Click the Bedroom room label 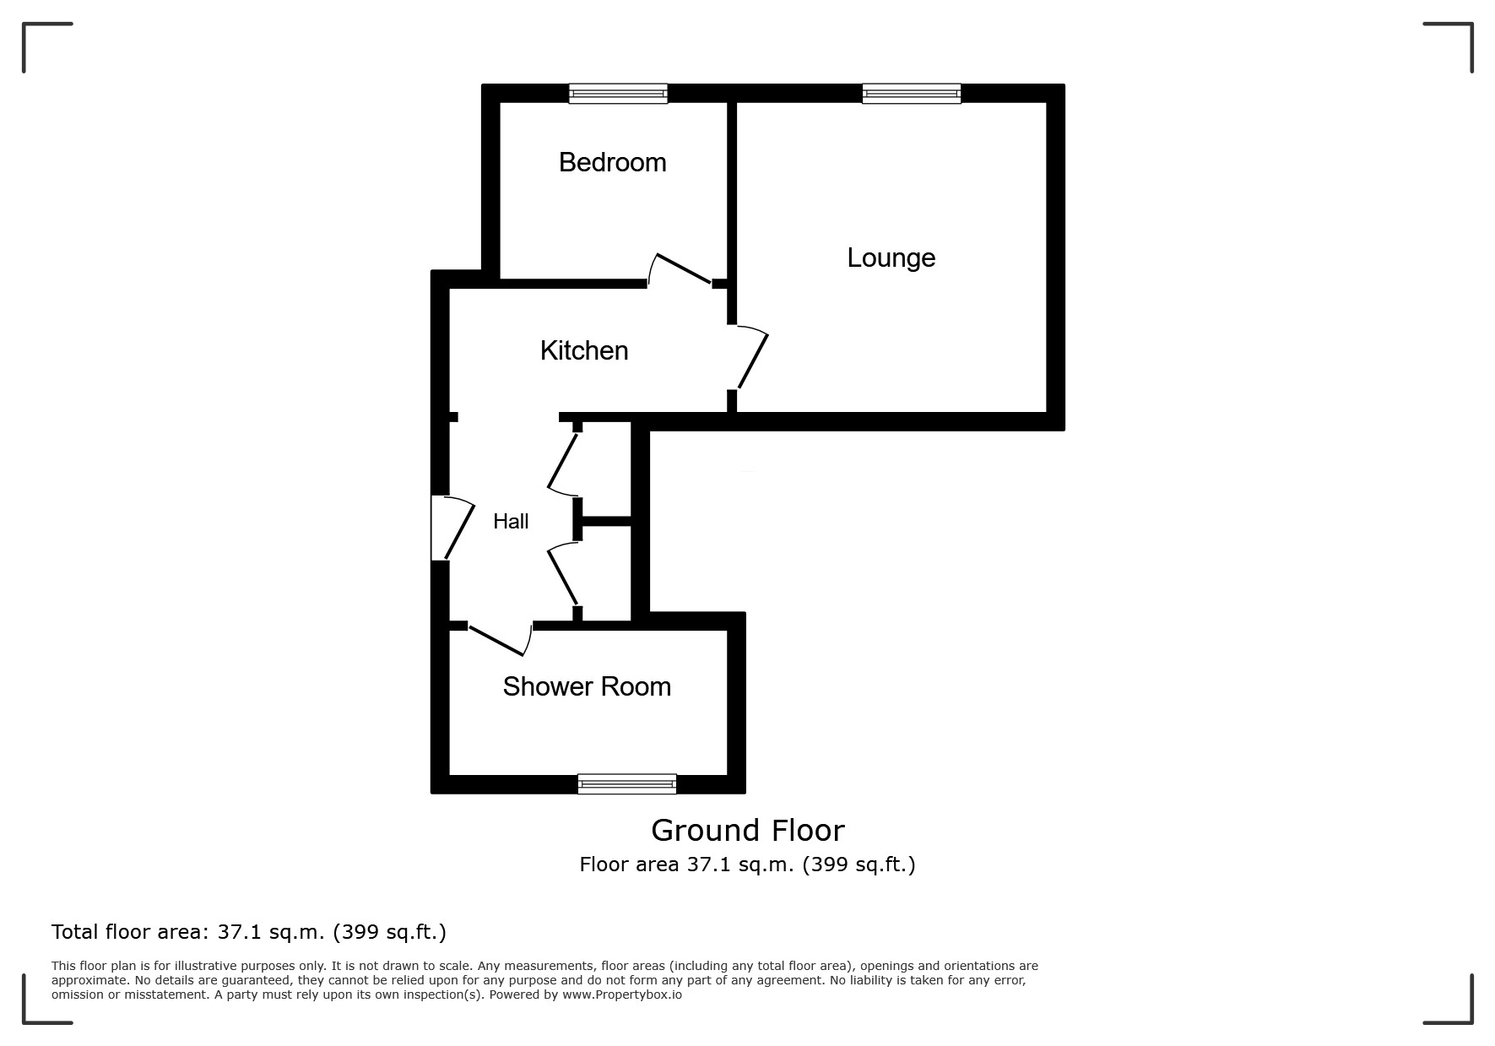[612, 162]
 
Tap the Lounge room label [891, 257]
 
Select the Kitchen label [584, 350]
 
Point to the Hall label [511, 522]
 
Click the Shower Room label [587, 686]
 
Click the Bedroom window [618, 94]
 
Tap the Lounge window [911, 94]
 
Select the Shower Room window [627, 784]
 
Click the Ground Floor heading [747, 831]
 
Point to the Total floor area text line [249, 932]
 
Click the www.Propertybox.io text [622, 995]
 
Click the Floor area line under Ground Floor [747, 864]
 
